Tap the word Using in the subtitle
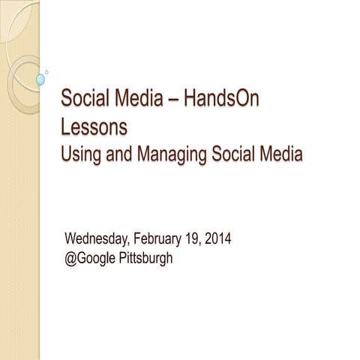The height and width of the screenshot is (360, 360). click(x=82, y=155)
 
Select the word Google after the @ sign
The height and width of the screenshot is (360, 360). click(x=98, y=259)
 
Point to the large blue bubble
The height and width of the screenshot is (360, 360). click(x=40, y=79)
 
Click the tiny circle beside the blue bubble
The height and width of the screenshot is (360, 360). click(x=47, y=72)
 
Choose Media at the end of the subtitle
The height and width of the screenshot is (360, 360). click(x=281, y=155)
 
